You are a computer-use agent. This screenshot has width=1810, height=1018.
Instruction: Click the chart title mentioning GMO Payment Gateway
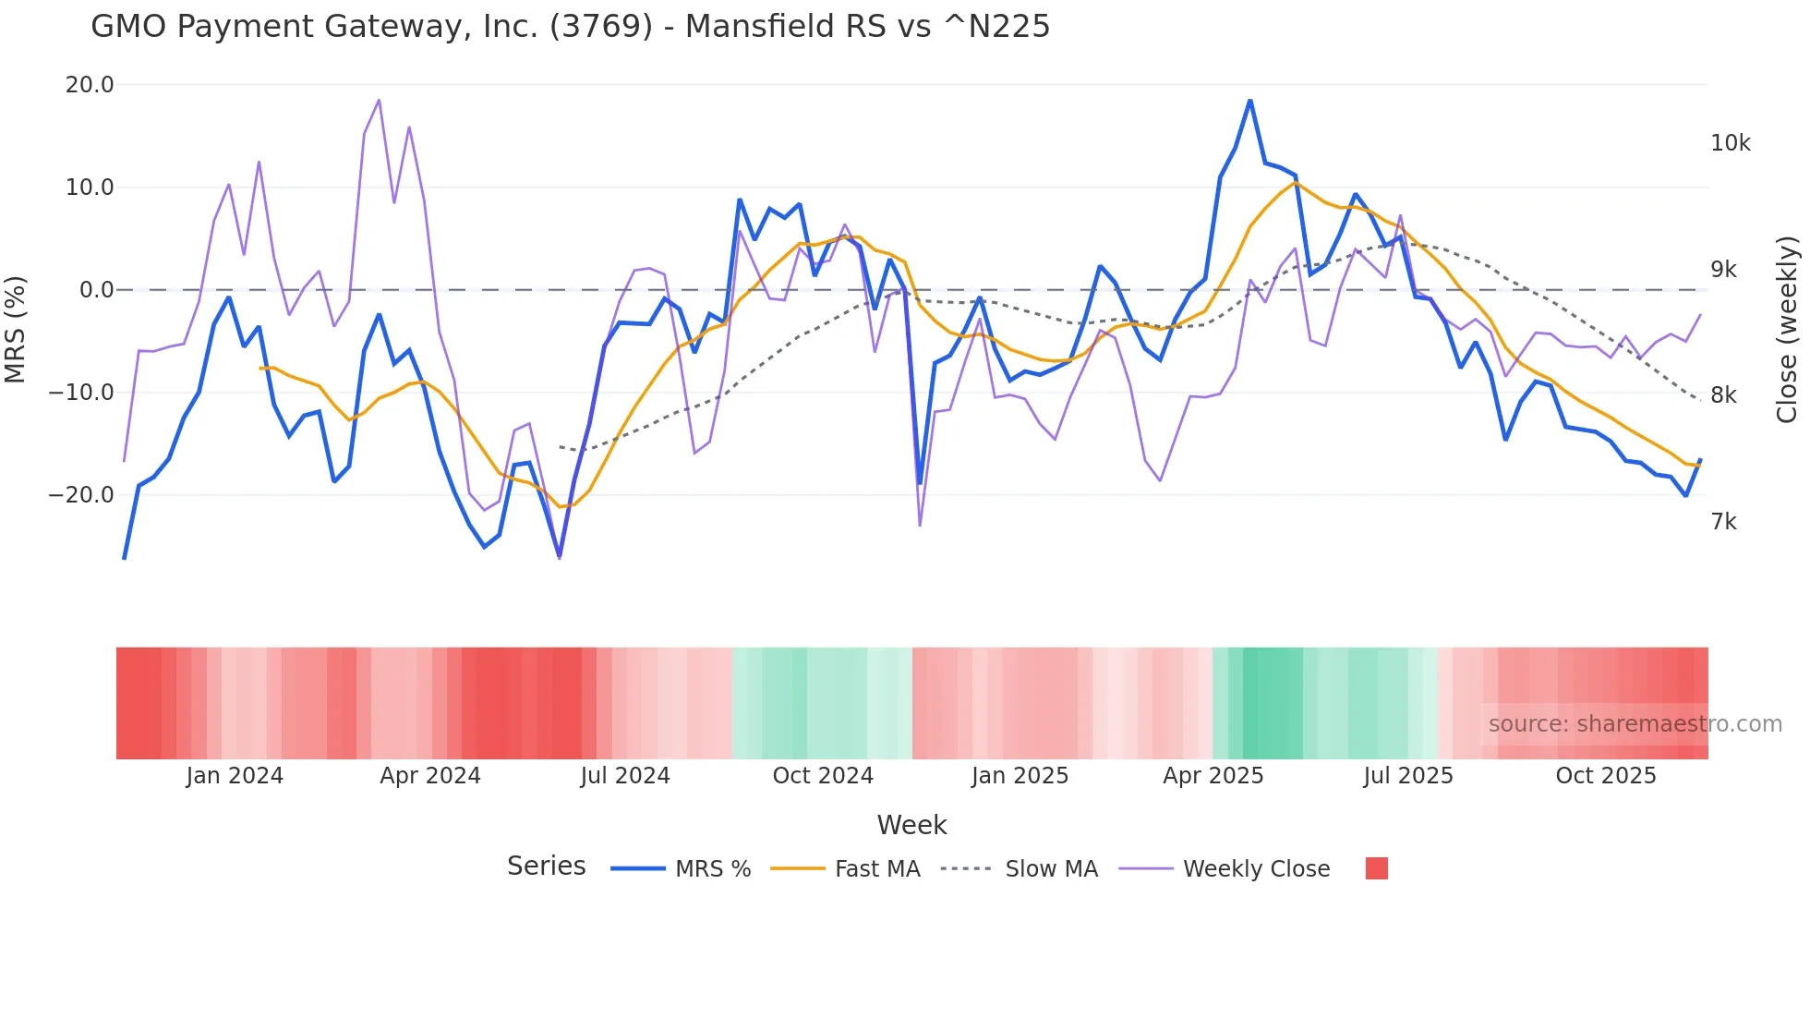pyautogui.click(x=570, y=27)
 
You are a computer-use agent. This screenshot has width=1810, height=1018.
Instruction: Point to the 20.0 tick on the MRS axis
pyautogui.click(x=90, y=85)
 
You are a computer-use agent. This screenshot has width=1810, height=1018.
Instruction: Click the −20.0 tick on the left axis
pyautogui.click(x=81, y=495)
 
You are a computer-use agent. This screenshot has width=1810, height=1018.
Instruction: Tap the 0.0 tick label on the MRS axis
pyautogui.click(x=96, y=290)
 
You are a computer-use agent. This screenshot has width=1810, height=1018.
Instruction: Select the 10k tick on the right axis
pyautogui.click(x=1730, y=143)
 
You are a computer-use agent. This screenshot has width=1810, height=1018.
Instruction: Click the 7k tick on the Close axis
pyautogui.click(x=1723, y=522)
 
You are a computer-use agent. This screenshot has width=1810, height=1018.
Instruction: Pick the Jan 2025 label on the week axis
pyautogui.click(x=1020, y=776)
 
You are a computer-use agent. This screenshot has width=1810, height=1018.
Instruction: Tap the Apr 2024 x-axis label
pyautogui.click(x=430, y=776)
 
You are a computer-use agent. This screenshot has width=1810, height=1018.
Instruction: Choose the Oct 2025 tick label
pyautogui.click(x=1606, y=776)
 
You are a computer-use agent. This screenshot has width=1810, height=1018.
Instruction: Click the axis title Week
pyautogui.click(x=911, y=825)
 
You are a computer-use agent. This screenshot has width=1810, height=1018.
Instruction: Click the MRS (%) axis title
pyautogui.click(x=16, y=329)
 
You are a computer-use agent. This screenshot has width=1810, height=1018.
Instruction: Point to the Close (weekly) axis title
pyautogui.click(x=1787, y=330)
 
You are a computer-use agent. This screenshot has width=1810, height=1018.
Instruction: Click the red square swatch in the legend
pyautogui.click(x=1376, y=868)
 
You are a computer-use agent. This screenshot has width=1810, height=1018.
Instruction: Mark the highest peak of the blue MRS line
pyautogui.click(x=1250, y=101)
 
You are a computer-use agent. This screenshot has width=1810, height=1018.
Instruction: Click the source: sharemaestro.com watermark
pyautogui.click(x=1635, y=724)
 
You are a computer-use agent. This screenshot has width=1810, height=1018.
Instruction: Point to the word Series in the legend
pyautogui.click(x=546, y=867)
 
